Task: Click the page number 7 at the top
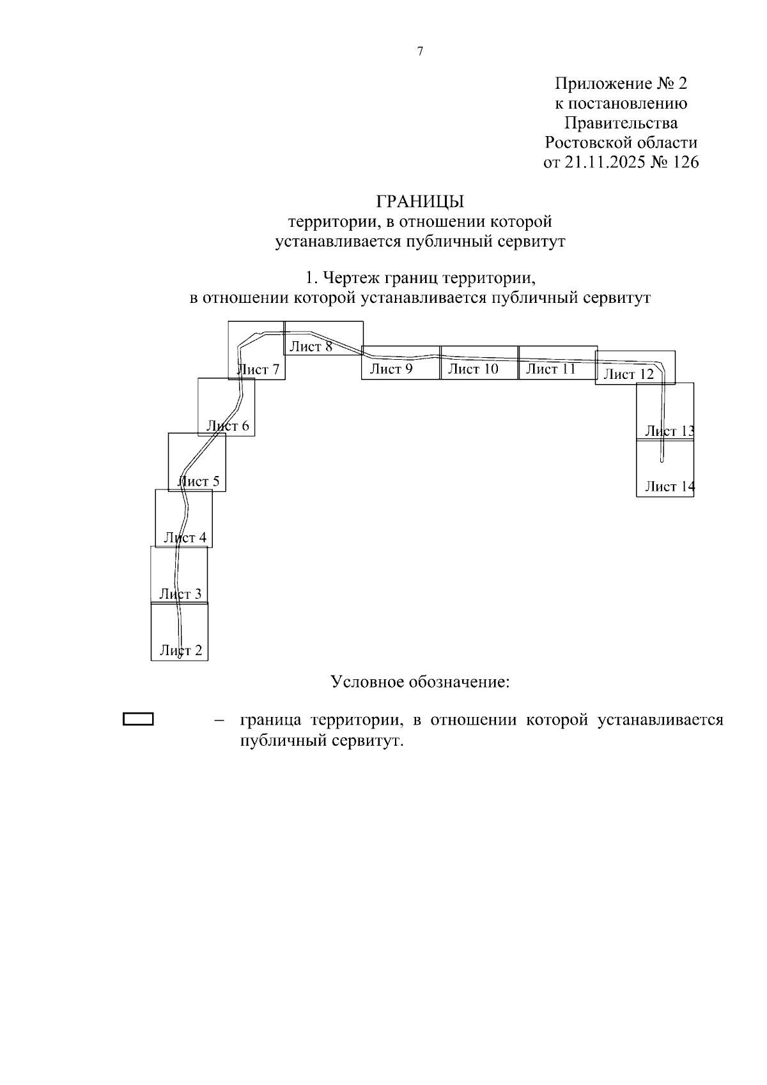420,52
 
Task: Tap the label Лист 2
181,650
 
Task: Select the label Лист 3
180,594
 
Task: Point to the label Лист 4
185,537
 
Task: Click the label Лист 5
198,481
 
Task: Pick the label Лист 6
228,426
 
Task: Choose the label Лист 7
258,369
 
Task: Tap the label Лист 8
311,346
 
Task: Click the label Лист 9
391,368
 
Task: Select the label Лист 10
472,368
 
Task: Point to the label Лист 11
551,368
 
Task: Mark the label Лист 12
629,374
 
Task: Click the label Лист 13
669,431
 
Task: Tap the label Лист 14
669,486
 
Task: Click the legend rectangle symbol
138,719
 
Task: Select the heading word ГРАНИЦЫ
420,201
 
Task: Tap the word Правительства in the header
621,123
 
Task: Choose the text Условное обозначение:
420,682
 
